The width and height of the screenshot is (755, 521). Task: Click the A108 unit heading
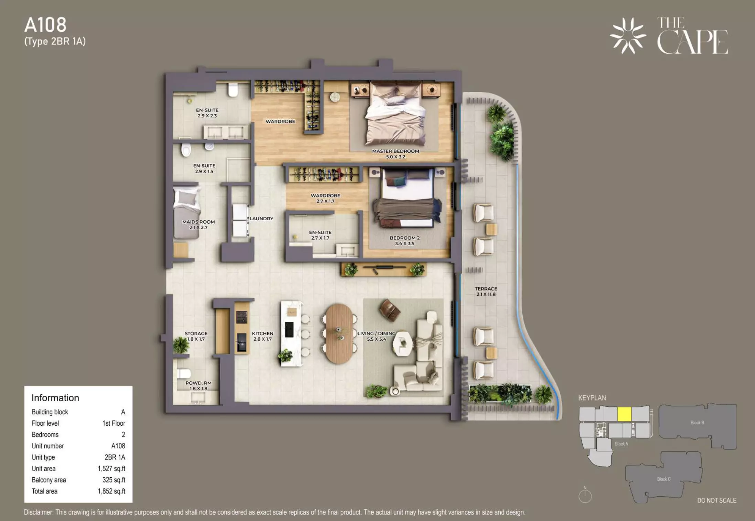pos(45,25)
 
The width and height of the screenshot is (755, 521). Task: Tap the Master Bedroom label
pos(395,154)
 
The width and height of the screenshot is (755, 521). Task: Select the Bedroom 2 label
pos(404,241)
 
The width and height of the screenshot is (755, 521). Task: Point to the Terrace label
pos(486,291)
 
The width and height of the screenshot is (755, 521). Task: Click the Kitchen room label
pos(263,336)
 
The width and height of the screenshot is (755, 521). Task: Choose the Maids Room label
pos(199,225)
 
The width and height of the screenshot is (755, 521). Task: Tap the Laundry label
pos(261,219)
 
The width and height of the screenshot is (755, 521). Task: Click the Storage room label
pos(196,336)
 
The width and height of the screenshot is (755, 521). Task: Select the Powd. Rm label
pos(199,386)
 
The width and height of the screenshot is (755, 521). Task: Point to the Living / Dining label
pos(376,336)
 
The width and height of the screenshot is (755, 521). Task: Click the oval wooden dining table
pos(339,333)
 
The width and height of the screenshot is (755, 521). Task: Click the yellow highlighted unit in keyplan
pos(624,414)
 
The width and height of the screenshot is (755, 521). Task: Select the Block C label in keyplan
pos(664,479)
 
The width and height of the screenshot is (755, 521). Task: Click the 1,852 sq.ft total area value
pos(111,491)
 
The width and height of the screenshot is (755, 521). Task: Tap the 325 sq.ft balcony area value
pos(114,480)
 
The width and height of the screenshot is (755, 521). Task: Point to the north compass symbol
pos(585,495)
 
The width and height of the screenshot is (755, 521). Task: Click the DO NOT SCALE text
pos(717,500)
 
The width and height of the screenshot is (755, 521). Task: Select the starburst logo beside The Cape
pos(628,36)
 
